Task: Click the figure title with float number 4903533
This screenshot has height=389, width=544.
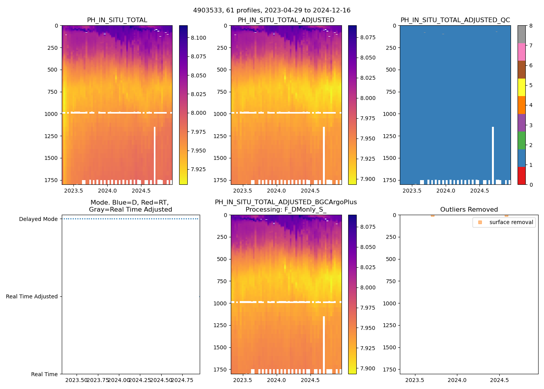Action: [x=272, y=11]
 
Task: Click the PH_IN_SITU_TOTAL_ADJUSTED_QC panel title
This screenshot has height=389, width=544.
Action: [x=455, y=20]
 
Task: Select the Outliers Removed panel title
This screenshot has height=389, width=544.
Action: [x=469, y=210]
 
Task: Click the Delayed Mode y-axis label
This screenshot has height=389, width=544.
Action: [x=38, y=219]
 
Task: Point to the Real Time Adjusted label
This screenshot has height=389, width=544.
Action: [x=32, y=296]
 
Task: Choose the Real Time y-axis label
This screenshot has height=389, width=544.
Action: [x=44, y=374]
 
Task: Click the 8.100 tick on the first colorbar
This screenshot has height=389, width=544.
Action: [x=198, y=38]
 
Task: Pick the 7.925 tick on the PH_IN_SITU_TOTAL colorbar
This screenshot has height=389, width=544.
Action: [x=198, y=169]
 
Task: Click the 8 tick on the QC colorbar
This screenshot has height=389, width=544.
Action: [x=530, y=26]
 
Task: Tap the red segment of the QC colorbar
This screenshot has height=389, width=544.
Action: [x=521, y=175]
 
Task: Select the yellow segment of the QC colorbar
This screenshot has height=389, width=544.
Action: [x=521, y=87]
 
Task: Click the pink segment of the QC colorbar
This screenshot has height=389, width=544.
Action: [x=521, y=52]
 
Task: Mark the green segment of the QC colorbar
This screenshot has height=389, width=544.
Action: [x=521, y=140]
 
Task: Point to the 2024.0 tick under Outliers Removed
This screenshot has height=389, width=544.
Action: [x=457, y=380]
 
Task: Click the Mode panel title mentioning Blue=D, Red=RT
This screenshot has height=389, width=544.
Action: [x=130, y=206]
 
